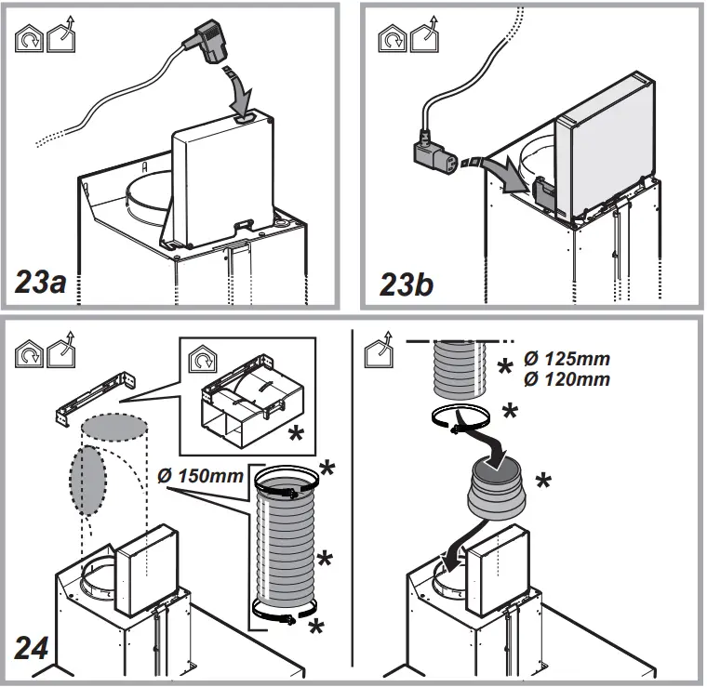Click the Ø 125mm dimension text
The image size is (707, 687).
pos(568,359)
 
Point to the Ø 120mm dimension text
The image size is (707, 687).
pos(568,378)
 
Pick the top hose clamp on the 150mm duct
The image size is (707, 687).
pos(287,482)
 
